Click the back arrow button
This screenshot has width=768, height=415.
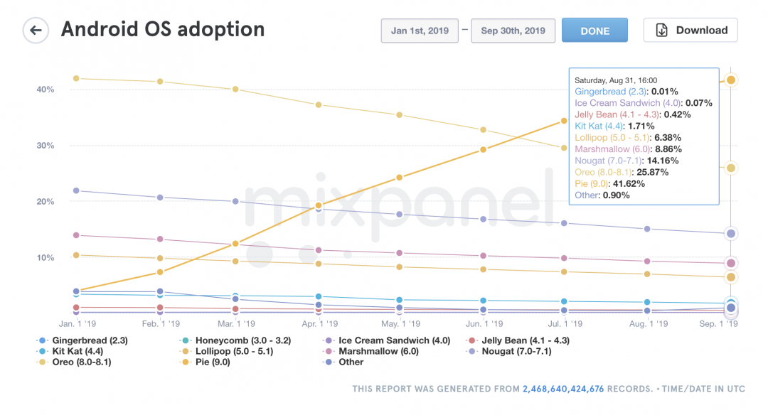tap(35, 31)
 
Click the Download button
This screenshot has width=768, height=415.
tap(690, 31)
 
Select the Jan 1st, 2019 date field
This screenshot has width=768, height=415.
tap(420, 31)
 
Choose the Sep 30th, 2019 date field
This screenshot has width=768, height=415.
tap(513, 31)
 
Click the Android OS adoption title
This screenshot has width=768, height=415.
tap(163, 30)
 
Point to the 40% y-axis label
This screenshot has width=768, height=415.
tap(46, 90)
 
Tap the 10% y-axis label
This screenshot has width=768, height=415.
tap(46, 257)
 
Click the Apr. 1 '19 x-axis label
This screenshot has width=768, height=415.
tap(319, 323)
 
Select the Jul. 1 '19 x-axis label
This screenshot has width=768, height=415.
tap(563, 323)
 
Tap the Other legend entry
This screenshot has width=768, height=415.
tap(351, 362)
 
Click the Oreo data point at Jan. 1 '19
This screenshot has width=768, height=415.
tap(76, 78)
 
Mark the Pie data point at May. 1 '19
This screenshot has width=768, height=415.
tap(400, 177)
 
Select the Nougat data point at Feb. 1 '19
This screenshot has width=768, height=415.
tap(160, 197)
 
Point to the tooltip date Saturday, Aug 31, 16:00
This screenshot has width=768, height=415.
tap(616, 80)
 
